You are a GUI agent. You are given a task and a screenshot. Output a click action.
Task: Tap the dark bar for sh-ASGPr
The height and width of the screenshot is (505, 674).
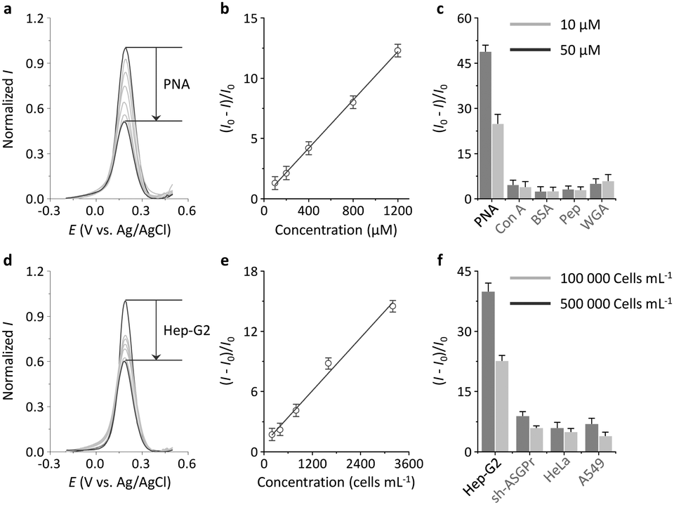[x=522, y=433]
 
